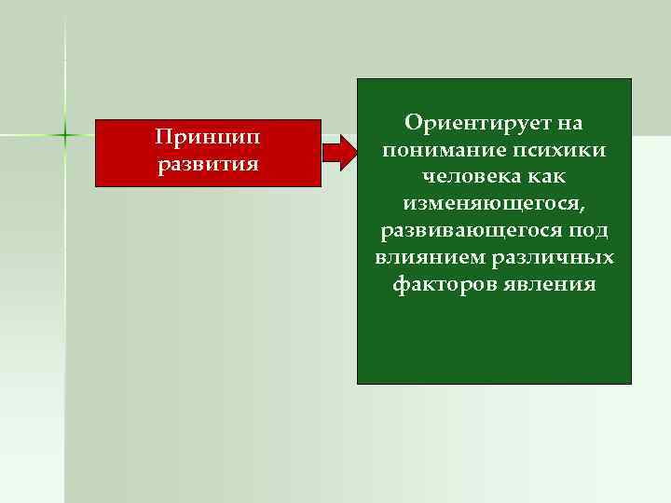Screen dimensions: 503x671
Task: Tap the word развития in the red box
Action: pyautogui.click(x=208, y=165)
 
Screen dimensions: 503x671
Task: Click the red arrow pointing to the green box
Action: pyautogui.click(x=339, y=151)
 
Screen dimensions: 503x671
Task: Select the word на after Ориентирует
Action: pyautogui.click(x=572, y=124)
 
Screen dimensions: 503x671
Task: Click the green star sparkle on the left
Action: pyautogui.click(x=65, y=136)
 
